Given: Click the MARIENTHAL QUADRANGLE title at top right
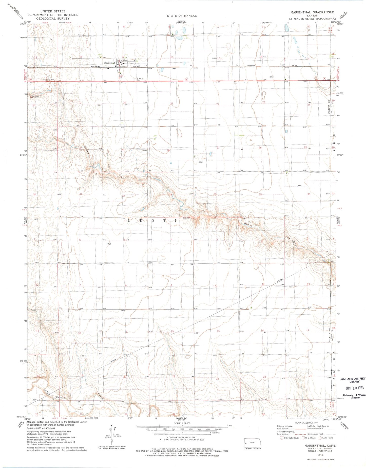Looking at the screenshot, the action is (312, 12).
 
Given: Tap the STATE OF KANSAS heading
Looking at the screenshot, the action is (182, 16).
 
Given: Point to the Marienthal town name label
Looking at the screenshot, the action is (109, 63).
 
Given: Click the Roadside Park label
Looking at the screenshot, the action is (49, 80).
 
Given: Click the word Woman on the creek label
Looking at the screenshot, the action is (61, 397).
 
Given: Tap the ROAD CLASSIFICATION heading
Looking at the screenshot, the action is (306, 423).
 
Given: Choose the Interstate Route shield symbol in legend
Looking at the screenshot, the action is (282, 438).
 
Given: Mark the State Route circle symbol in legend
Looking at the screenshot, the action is (320, 438).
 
